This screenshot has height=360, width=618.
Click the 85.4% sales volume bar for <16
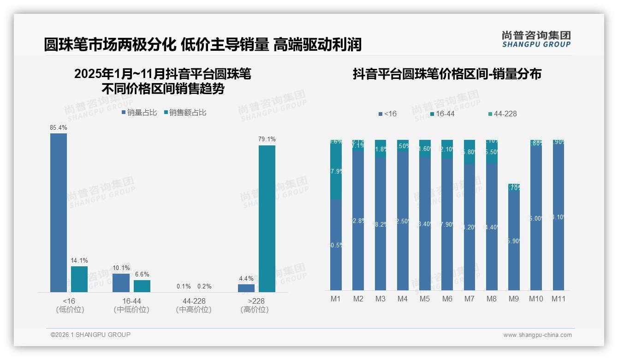(59, 212)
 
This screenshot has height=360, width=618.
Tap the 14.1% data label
(79, 261)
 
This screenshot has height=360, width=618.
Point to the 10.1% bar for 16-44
(121, 282)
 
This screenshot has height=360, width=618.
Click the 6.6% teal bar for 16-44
(142, 286)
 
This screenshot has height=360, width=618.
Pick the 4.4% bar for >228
(246, 288)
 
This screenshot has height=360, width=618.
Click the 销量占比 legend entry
(139, 113)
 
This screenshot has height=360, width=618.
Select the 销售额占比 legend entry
(185, 113)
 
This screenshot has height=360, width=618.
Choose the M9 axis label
(513, 299)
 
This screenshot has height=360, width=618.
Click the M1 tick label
(336, 299)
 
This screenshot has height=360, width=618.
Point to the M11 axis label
(559, 299)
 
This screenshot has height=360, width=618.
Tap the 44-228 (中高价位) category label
(194, 305)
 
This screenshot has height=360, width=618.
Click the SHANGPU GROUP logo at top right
(536, 39)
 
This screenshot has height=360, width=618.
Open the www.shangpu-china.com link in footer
(537, 335)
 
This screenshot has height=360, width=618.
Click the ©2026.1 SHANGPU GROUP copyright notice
(90, 335)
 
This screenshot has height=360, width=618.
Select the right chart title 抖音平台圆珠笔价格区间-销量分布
(447, 74)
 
